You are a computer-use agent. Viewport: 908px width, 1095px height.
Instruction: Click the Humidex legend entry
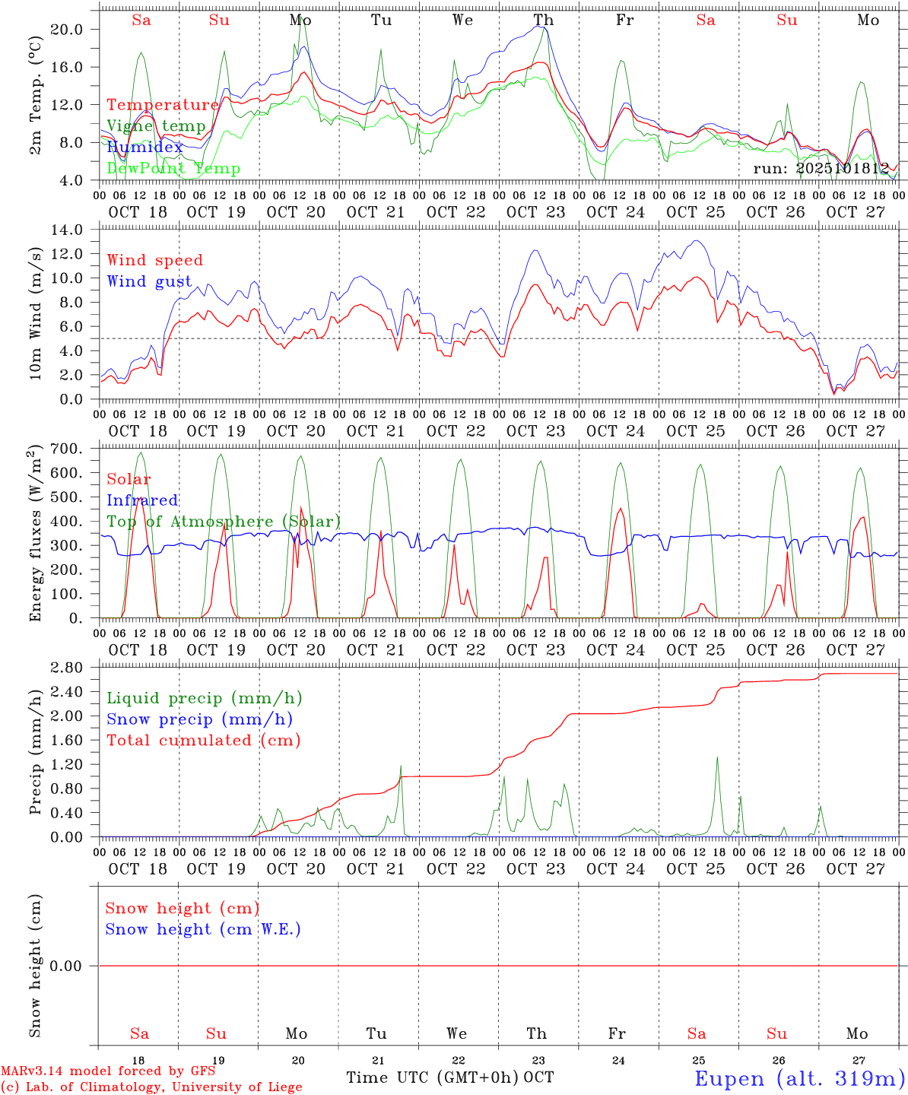click(x=144, y=148)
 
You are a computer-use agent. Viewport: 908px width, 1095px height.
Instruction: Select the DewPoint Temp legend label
click(x=173, y=169)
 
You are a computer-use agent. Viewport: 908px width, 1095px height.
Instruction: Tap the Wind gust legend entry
click(x=149, y=281)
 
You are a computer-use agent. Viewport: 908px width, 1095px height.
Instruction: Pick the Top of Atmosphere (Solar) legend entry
click(x=224, y=522)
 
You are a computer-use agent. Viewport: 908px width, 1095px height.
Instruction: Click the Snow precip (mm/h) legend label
click(x=199, y=719)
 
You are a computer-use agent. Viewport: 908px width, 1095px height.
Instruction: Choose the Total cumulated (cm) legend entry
click(x=203, y=741)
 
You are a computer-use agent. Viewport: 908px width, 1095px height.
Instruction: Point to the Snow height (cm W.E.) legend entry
click(x=202, y=929)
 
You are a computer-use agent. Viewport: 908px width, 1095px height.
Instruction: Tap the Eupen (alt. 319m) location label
click(x=799, y=1078)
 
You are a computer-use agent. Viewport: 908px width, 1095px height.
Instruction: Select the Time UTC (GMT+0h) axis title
click(x=432, y=1078)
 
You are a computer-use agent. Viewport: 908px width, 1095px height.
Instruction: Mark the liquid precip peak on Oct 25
click(x=716, y=757)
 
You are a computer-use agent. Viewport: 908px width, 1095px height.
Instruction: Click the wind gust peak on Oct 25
click(x=695, y=241)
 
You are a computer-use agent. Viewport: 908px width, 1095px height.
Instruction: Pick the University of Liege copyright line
click(x=151, y=1087)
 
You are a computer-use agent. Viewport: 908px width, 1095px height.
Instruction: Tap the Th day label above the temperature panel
click(x=543, y=21)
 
